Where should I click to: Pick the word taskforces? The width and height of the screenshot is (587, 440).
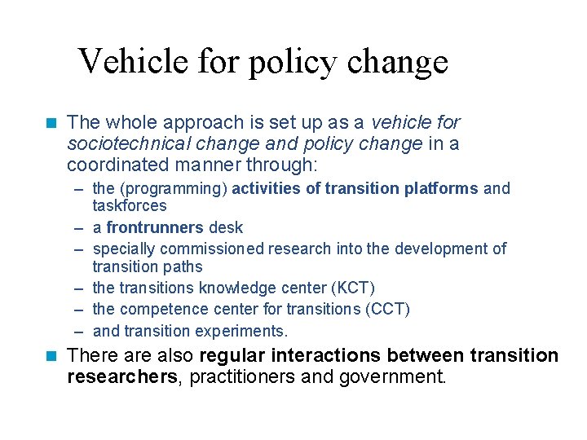pyautogui.click(x=130, y=206)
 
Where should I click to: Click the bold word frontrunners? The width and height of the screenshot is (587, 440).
pyautogui.click(x=154, y=227)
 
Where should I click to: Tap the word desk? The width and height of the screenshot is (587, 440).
pyautogui.click(x=226, y=227)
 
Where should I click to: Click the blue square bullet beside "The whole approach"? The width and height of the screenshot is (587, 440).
pyautogui.click(x=51, y=123)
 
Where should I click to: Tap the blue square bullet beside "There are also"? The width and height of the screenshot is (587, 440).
pyautogui.click(x=51, y=356)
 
